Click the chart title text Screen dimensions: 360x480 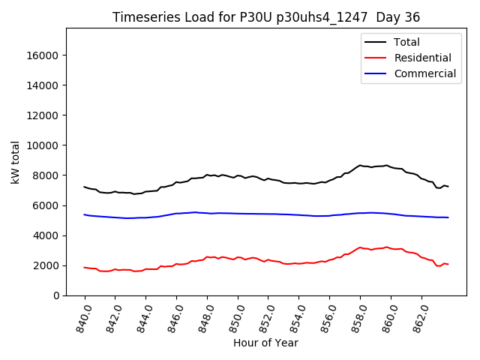266,17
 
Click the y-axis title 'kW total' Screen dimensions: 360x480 16,161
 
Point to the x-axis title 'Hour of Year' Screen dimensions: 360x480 266,343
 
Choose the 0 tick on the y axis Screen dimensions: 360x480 57,295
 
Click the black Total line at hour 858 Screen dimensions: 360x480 360,166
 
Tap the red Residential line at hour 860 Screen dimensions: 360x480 391,248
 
